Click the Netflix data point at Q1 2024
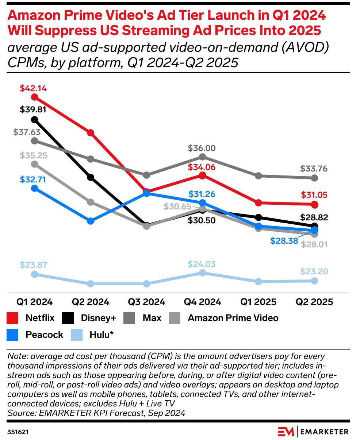[35, 97]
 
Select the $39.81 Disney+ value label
[34, 109]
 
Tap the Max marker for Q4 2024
[203, 157]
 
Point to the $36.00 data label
[202, 148]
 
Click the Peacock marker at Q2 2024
[91, 221]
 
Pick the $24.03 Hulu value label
[202, 264]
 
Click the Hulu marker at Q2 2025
[314, 281]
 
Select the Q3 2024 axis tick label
[146, 302]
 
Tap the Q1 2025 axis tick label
[258, 302]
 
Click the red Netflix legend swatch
[13, 318]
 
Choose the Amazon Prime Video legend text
[233, 318]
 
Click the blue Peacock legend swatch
[13, 335]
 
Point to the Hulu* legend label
[102, 335]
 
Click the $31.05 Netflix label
[314, 195]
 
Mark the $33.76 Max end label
[314, 169]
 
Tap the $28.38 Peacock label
[284, 241]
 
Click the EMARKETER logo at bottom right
[313, 432]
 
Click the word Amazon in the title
[38, 16]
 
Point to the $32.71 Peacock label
[34, 179]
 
